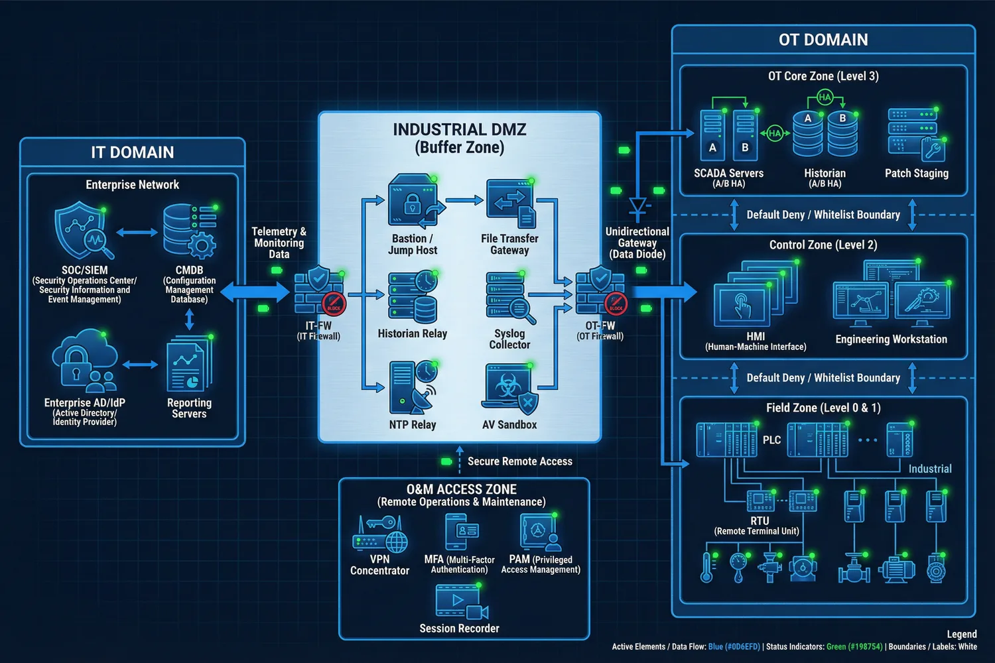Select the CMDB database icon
(x=189, y=231)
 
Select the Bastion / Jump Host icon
(x=413, y=202)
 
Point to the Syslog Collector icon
(x=509, y=298)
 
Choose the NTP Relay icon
(x=412, y=388)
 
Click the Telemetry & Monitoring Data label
(x=279, y=243)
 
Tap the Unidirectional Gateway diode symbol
(x=637, y=208)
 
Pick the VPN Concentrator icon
(x=379, y=535)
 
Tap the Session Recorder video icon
(x=459, y=602)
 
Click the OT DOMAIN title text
(x=823, y=40)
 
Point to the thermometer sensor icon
(x=708, y=568)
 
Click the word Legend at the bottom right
(x=961, y=634)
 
